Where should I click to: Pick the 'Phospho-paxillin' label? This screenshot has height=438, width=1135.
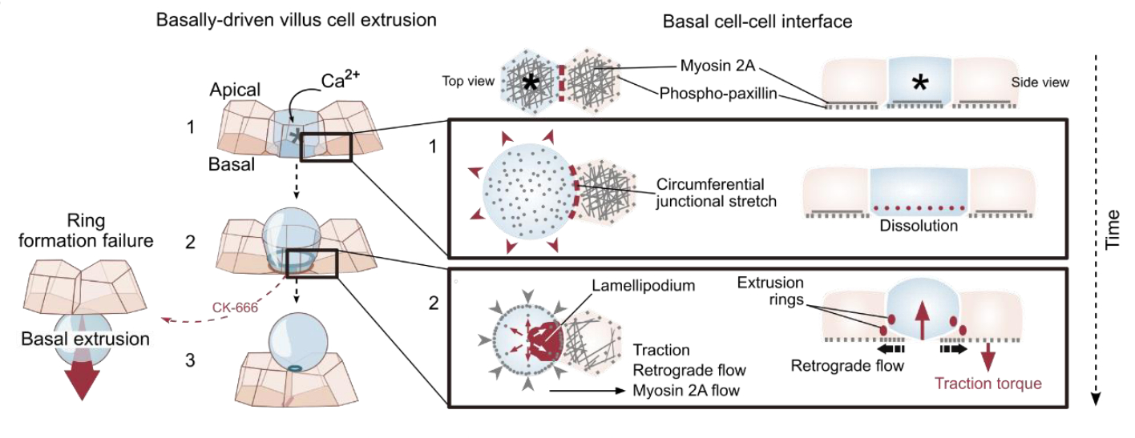pos(714,93)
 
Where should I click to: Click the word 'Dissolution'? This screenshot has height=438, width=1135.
pos(919,226)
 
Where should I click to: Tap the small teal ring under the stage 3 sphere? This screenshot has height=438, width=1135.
pos(295,368)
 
